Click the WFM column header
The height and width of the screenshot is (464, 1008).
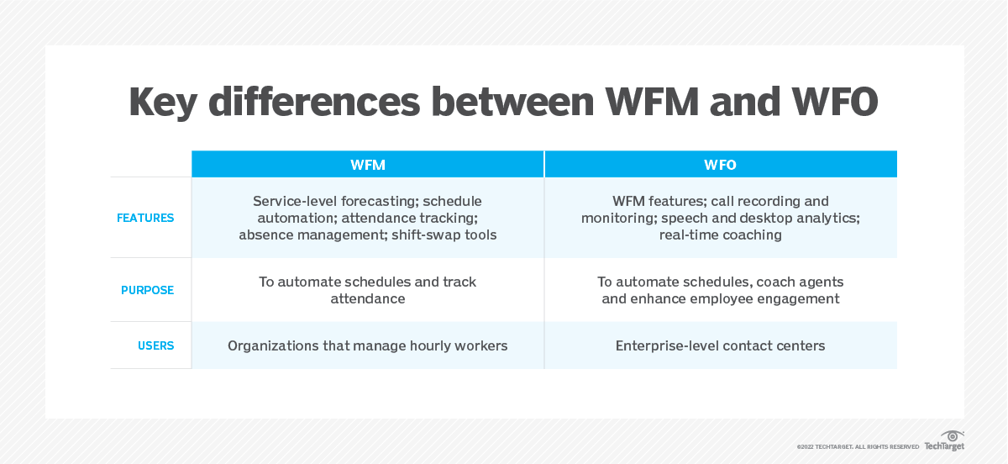tap(368, 165)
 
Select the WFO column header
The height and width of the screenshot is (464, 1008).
tap(720, 165)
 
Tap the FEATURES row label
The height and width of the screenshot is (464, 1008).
tap(145, 218)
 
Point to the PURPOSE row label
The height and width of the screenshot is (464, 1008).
tap(147, 290)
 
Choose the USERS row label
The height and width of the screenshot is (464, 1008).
tap(155, 345)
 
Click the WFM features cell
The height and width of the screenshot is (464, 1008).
tap(368, 218)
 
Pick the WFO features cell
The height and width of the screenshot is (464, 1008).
tap(720, 218)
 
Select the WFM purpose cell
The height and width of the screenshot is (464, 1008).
tap(368, 290)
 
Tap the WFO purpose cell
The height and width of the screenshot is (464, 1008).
tap(720, 290)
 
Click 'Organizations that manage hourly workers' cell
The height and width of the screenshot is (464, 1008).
tap(368, 345)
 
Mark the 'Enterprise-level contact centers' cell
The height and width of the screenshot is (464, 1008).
tap(720, 345)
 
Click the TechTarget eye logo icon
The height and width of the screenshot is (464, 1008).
tap(953, 435)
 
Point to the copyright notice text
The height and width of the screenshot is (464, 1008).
tap(858, 446)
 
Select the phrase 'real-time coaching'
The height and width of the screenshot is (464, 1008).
tap(720, 235)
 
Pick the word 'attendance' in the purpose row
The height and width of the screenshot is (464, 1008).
tap(368, 298)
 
